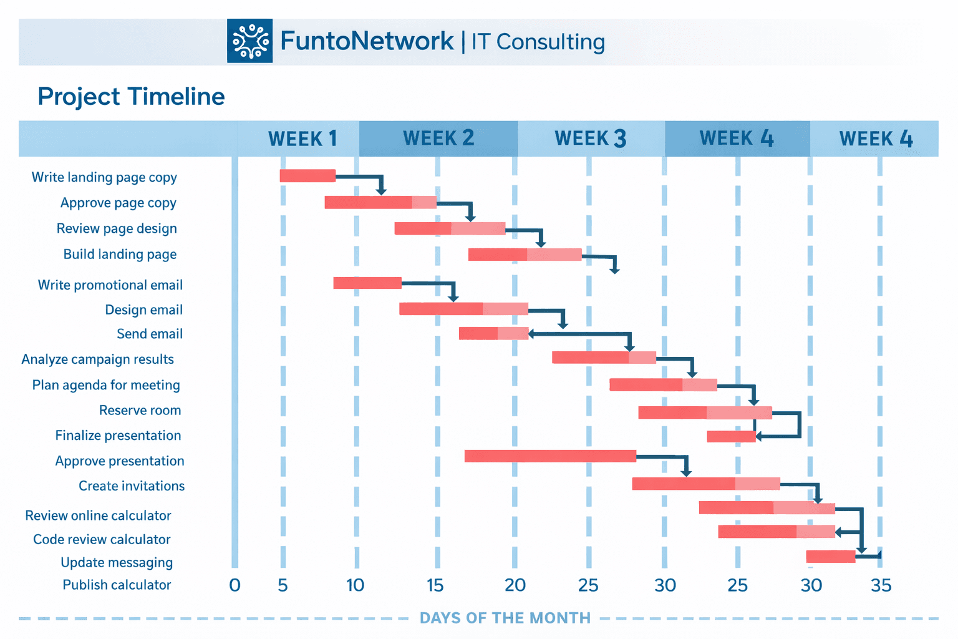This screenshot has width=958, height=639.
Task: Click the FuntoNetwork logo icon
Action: click(249, 41)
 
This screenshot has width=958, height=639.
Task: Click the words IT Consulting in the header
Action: click(538, 42)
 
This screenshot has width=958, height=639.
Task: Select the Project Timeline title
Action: click(131, 97)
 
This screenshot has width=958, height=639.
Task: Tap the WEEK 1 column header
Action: click(302, 139)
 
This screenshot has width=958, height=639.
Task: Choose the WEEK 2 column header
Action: click(438, 138)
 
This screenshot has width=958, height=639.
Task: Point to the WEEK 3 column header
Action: click(590, 139)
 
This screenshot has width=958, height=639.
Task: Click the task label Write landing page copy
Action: click(104, 177)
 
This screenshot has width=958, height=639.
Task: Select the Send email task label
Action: click(150, 334)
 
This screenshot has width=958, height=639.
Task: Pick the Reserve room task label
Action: click(140, 411)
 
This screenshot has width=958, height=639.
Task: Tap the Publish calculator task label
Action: click(117, 585)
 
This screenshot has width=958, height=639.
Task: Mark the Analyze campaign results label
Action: click(97, 359)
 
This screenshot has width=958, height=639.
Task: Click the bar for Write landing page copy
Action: click(307, 176)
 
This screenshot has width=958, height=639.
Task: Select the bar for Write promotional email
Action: click(367, 283)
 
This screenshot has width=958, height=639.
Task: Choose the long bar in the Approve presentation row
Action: click(550, 456)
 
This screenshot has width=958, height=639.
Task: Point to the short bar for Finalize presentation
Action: click(731, 437)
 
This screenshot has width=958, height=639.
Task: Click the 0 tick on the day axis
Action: click(235, 585)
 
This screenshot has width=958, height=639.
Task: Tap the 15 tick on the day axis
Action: click(435, 585)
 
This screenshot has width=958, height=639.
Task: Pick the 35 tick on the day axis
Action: click(881, 585)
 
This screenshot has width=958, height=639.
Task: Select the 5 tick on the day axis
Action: click(283, 585)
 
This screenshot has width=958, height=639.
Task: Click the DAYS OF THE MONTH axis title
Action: click(505, 618)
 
